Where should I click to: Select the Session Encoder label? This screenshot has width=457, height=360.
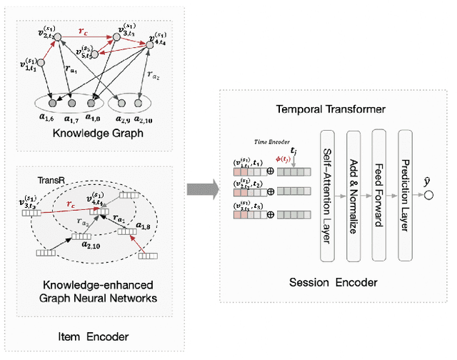coord(334,282)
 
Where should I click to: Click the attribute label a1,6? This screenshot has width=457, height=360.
coord(49,118)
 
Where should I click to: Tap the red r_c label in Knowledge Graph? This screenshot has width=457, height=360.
coord(84,31)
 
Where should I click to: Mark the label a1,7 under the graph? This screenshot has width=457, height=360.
coord(71,118)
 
